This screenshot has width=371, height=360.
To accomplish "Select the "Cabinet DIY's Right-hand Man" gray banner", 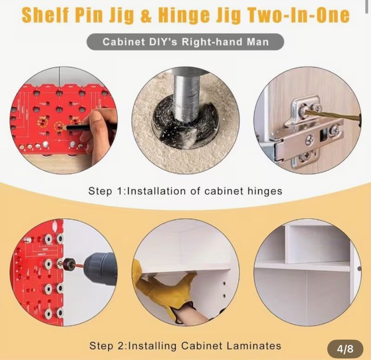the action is click(185, 42).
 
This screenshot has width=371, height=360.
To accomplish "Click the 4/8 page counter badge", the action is click(345, 349).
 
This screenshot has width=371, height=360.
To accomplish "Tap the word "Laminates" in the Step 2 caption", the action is click(254, 346).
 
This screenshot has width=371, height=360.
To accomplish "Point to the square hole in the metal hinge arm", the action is click(323, 134).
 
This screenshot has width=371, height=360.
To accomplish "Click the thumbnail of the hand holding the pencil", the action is click(64, 120).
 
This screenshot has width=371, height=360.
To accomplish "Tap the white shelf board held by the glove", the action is click(184, 267).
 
